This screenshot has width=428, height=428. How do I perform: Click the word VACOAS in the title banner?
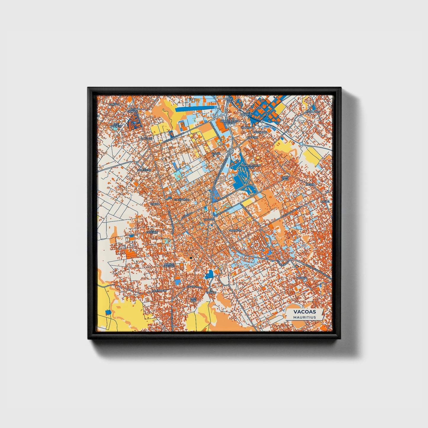[304, 312]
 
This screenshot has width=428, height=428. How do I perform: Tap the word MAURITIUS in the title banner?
[304, 317]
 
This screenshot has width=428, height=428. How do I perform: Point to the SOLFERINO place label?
[145, 170]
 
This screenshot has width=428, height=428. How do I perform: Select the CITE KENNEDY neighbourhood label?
[116, 125]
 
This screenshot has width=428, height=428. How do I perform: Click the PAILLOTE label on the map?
[146, 138]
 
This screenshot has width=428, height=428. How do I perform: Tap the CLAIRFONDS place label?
[181, 200]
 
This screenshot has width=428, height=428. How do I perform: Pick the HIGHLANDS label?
[313, 112]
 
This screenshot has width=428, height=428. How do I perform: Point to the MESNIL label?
[310, 184]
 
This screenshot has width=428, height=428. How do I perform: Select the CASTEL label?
[325, 202]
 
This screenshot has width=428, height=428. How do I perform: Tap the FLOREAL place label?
[302, 278]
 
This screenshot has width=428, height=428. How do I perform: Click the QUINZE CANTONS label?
[169, 265]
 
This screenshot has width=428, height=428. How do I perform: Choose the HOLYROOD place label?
[159, 291]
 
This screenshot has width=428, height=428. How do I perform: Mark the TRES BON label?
[193, 300]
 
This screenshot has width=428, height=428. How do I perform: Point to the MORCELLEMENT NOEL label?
[251, 166]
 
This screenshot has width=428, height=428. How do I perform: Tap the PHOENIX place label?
[252, 137]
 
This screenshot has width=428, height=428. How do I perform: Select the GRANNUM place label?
[235, 230]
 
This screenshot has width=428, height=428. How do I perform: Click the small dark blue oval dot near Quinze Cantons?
[191, 258]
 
